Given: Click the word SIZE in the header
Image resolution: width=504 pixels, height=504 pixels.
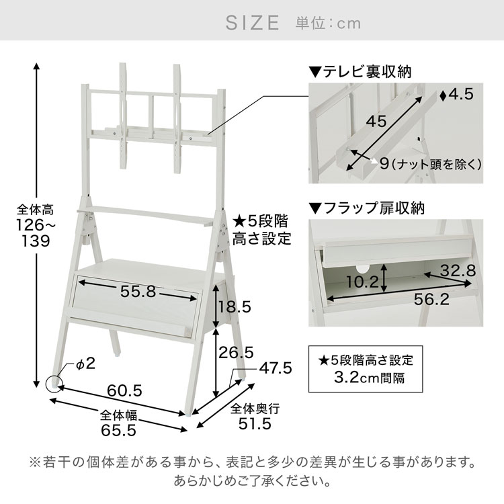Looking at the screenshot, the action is [x=252, y=23].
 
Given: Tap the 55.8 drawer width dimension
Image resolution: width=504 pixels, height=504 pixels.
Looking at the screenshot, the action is [x=138, y=292].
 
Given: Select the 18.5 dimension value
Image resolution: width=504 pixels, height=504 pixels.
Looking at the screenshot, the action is [x=235, y=307].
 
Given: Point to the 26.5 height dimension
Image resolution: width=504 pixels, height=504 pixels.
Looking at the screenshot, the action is [x=237, y=353].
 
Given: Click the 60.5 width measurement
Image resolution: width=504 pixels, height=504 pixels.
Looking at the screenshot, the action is [x=124, y=391].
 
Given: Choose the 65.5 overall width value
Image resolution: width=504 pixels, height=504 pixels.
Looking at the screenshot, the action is [x=118, y=430].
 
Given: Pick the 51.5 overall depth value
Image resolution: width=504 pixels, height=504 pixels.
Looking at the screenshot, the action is [x=255, y=423].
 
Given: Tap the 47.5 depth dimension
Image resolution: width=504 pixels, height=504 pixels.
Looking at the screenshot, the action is [x=276, y=368].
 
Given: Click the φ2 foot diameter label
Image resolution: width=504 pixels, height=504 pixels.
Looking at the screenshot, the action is [x=85, y=364].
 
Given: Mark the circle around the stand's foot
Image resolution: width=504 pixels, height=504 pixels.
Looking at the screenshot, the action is [x=46, y=384].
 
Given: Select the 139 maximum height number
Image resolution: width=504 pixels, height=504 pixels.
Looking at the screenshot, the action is [x=36, y=241].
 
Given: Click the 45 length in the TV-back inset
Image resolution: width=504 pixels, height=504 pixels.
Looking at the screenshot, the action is [x=376, y=122].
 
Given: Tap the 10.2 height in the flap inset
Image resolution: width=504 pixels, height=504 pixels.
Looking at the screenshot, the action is [x=363, y=282].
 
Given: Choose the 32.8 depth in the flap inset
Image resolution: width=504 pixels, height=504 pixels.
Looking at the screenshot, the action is [x=458, y=271].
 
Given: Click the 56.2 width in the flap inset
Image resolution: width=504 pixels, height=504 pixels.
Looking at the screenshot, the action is [x=431, y=300].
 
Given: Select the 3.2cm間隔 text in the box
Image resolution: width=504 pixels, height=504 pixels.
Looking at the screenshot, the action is [x=370, y=378].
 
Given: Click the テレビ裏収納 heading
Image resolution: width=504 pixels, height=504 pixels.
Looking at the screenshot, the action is [x=367, y=71].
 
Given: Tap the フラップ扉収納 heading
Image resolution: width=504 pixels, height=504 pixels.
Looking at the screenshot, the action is [x=374, y=208].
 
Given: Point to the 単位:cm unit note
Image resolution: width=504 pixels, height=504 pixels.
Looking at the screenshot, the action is [x=328, y=24].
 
